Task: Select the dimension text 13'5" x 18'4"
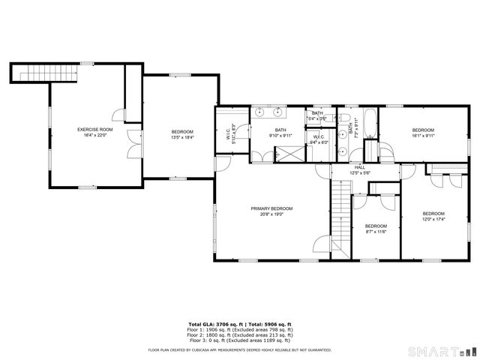pyautogui.click(x=182, y=137)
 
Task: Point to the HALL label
pyautogui.click(x=359, y=167)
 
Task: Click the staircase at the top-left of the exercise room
pyautogui.click(x=45, y=73)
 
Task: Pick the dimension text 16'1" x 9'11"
pyautogui.click(x=423, y=136)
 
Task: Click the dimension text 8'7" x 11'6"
pyautogui.click(x=376, y=231)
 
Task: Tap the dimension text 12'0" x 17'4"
pyautogui.click(x=433, y=219)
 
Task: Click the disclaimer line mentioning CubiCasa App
pyautogui.click(x=240, y=349)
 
